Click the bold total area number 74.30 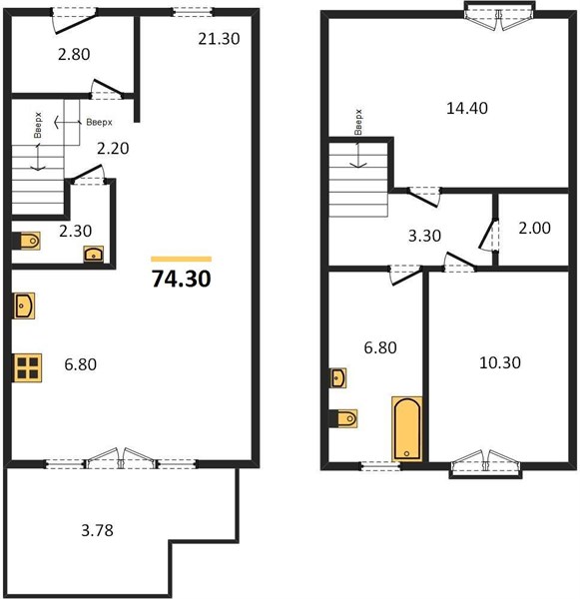pyautogui.click(x=181, y=279)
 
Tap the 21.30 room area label pyautogui.click(x=219, y=39)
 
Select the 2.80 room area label pyautogui.click(x=74, y=54)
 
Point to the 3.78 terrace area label pyautogui.click(x=98, y=530)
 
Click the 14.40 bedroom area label pyautogui.click(x=467, y=108)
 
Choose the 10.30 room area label pyautogui.click(x=500, y=362)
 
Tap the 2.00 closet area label pyautogui.click(x=534, y=228)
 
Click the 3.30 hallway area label pyautogui.click(x=424, y=236)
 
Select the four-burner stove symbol pyautogui.click(x=28, y=367)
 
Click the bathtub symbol pyautogui.click(x=407, y=428)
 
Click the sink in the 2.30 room pyautogui.click(x=94, y=254)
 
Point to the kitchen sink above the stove pyautogui.click(x=24, y=305)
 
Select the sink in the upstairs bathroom pyautogui.click(x=338, y=377)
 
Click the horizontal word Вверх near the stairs pyautogui.click(x=100, y=122)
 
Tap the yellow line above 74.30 pyautogui.click(x=181, y=259)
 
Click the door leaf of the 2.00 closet pyautogui.click(x=487, y=233)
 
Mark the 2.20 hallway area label pyautogui.click(x=113, y=148)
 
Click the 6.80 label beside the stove pyautogui.click(x=80, y=364)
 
